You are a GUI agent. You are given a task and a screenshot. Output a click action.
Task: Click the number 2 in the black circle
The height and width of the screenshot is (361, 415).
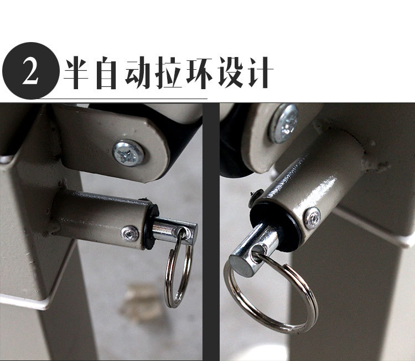(30, 71)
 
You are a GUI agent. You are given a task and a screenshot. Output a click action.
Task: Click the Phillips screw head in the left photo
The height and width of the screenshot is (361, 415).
(128, 153)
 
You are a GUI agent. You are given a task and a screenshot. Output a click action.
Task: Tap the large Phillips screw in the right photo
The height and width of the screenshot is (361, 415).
(284, 123)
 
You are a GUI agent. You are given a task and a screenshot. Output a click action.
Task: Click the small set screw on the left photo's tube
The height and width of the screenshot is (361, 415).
(130, 234)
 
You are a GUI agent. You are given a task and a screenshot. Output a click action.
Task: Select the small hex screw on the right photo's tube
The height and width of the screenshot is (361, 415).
(312, 218)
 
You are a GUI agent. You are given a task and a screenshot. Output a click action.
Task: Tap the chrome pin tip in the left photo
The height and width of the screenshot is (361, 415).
(175, 230)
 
